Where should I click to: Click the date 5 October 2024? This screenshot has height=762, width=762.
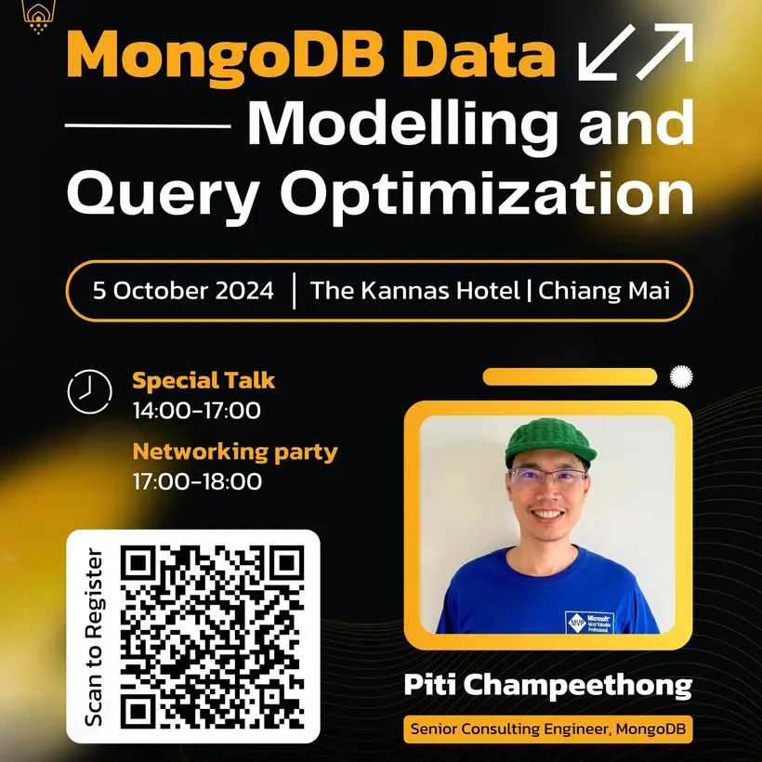pyautogui.click(x=183, y=290)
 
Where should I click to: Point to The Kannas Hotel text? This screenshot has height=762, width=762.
pyautogui.click(x=414, y=290)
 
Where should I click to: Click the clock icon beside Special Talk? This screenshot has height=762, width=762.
pyautogui.click(x=89, y=391)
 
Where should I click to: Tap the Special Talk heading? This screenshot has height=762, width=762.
pyautogui.click(x=204, y=380)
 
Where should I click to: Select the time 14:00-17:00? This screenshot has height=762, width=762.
pyautogui.click(x=196, y=410)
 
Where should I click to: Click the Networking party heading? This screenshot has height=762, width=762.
pyautogui.click(x=235, y=453)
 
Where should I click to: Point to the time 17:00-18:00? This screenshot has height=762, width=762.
pyautogui.click(x=197, y=481)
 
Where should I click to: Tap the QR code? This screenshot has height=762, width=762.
pyautogui.click(x=213, y=637)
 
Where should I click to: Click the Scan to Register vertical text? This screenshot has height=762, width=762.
pyautogui.click(x=94, y=637)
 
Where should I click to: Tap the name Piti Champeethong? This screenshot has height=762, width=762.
pyautogui.click(x=547, y=686)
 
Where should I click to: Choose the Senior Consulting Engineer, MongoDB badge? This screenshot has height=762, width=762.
pyautogui.click(x=548, y=729)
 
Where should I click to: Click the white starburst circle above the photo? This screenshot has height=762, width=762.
pyautogui.click(x=681, y=376)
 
